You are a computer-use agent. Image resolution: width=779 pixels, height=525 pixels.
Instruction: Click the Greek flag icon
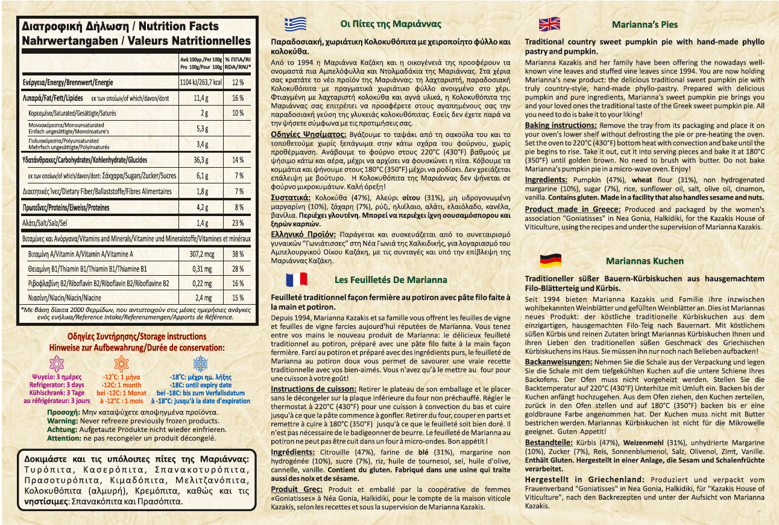click(295, 24)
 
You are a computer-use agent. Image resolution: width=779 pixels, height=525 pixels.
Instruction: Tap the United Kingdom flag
click(549, 24)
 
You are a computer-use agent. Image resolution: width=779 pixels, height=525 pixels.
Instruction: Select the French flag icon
click(295, 279)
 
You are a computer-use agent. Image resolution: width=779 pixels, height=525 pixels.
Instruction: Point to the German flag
click(550, 261)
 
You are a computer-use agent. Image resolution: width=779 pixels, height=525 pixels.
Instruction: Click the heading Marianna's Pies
click(644, 25)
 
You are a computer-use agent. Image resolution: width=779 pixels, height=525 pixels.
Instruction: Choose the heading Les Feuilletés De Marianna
click(391, 280)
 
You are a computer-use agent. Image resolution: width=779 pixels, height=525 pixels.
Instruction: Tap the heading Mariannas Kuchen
click(645, 261)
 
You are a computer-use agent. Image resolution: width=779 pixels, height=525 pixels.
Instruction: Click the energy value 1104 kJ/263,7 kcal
click(201, 82)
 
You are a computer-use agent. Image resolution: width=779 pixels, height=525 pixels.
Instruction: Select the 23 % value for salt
click(238, 223)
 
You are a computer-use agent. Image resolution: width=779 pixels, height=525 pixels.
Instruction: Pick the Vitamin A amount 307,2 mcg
click(201, 255)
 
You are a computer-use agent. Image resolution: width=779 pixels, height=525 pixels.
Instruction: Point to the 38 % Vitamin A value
click(238, 255)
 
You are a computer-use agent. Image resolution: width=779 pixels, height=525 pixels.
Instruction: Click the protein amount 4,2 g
click(201, 208)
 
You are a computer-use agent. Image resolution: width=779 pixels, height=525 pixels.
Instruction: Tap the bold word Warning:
click(62, 421)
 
